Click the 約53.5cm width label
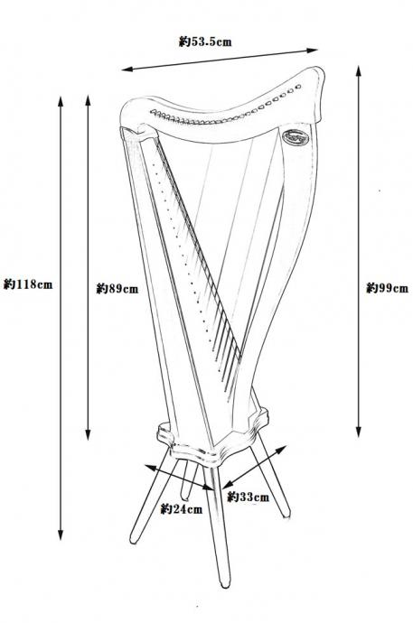(205, 42)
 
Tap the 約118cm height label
(28, 284)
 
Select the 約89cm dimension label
(117, 288)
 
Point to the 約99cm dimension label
(387, 288)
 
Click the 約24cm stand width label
(182, 509)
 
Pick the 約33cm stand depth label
(248, 497)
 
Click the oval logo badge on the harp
(296, 137)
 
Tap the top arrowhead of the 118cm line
(61, 101)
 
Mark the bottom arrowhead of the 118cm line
(61, 535)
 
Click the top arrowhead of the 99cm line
(359, 70)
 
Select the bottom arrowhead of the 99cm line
(359, 432)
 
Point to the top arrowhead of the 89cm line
(88, 100)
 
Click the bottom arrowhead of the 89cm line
(88, 434)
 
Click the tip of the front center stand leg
(225, 584)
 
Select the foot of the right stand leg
(286, 515)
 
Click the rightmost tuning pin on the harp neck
(298, 87)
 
